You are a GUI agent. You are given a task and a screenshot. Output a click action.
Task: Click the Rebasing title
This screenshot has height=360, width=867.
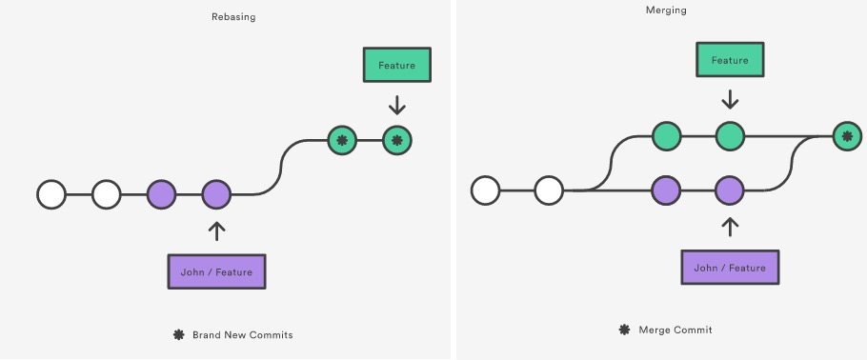233,16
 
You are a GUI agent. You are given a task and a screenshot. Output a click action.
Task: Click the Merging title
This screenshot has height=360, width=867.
666,10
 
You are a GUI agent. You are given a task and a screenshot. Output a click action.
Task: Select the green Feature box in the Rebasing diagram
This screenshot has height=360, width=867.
396,65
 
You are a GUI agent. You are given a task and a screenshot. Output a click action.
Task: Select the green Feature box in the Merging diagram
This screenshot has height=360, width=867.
730,61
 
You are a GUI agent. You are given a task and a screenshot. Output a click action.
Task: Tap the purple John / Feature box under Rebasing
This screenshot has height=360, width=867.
216,271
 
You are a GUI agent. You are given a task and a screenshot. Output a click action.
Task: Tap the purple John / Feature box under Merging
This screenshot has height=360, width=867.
730,268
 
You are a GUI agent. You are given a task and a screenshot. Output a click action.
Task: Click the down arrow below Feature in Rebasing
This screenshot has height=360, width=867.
396,103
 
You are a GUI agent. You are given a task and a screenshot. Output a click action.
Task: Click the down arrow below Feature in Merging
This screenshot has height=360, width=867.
730,99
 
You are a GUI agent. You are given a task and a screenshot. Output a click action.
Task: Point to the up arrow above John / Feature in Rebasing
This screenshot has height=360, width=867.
216,230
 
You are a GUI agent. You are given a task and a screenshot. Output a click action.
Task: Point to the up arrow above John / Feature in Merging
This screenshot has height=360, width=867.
730,227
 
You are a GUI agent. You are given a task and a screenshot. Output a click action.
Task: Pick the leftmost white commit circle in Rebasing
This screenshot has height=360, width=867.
51,194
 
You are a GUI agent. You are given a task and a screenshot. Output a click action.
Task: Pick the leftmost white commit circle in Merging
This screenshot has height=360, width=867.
486,190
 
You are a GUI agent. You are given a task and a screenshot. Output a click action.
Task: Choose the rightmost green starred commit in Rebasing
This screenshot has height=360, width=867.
396,141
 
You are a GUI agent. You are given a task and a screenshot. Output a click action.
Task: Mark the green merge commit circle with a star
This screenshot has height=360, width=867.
845,137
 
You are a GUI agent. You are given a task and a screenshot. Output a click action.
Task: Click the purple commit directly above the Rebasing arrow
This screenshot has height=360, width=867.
216,194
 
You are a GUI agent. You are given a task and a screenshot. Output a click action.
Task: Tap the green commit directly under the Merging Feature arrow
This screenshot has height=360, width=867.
730,137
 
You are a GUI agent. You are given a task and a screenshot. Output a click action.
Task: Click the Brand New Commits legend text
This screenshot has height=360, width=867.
242,335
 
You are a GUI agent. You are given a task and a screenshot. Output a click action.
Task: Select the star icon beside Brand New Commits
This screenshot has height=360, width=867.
178,335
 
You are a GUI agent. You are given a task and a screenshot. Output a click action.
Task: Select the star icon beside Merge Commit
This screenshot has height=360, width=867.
624,330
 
